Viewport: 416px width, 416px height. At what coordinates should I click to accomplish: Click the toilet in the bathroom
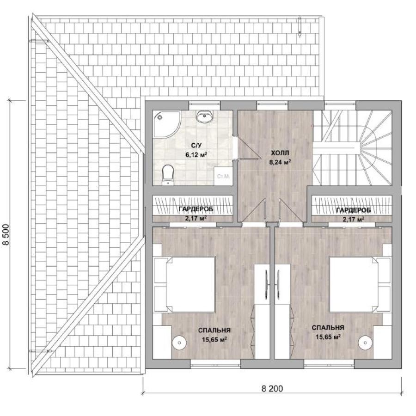point(167,175)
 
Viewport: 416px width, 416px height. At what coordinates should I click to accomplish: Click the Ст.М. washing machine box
point(223,176)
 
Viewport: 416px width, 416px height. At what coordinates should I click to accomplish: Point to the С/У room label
point(196,146)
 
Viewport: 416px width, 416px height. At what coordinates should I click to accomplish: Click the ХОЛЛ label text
point(280,153)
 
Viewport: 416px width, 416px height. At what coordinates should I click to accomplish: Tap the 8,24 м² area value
point(280,162)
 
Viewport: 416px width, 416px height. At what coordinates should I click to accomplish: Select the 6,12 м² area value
point(196,155)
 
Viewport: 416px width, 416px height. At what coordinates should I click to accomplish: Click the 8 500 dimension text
point(6,234)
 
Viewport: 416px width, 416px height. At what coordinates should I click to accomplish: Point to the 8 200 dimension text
point(272,388)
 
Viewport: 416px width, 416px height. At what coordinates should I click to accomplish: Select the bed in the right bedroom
point(360,284)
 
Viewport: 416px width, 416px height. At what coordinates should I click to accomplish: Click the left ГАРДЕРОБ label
point(196,209)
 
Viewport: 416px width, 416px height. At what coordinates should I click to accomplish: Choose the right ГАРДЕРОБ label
point(354,210)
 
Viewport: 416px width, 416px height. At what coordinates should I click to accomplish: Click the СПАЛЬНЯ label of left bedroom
point(214,330)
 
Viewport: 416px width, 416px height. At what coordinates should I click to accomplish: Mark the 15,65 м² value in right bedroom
point(328,337)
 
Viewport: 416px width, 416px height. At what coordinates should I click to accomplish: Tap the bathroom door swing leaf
point(248,147)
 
